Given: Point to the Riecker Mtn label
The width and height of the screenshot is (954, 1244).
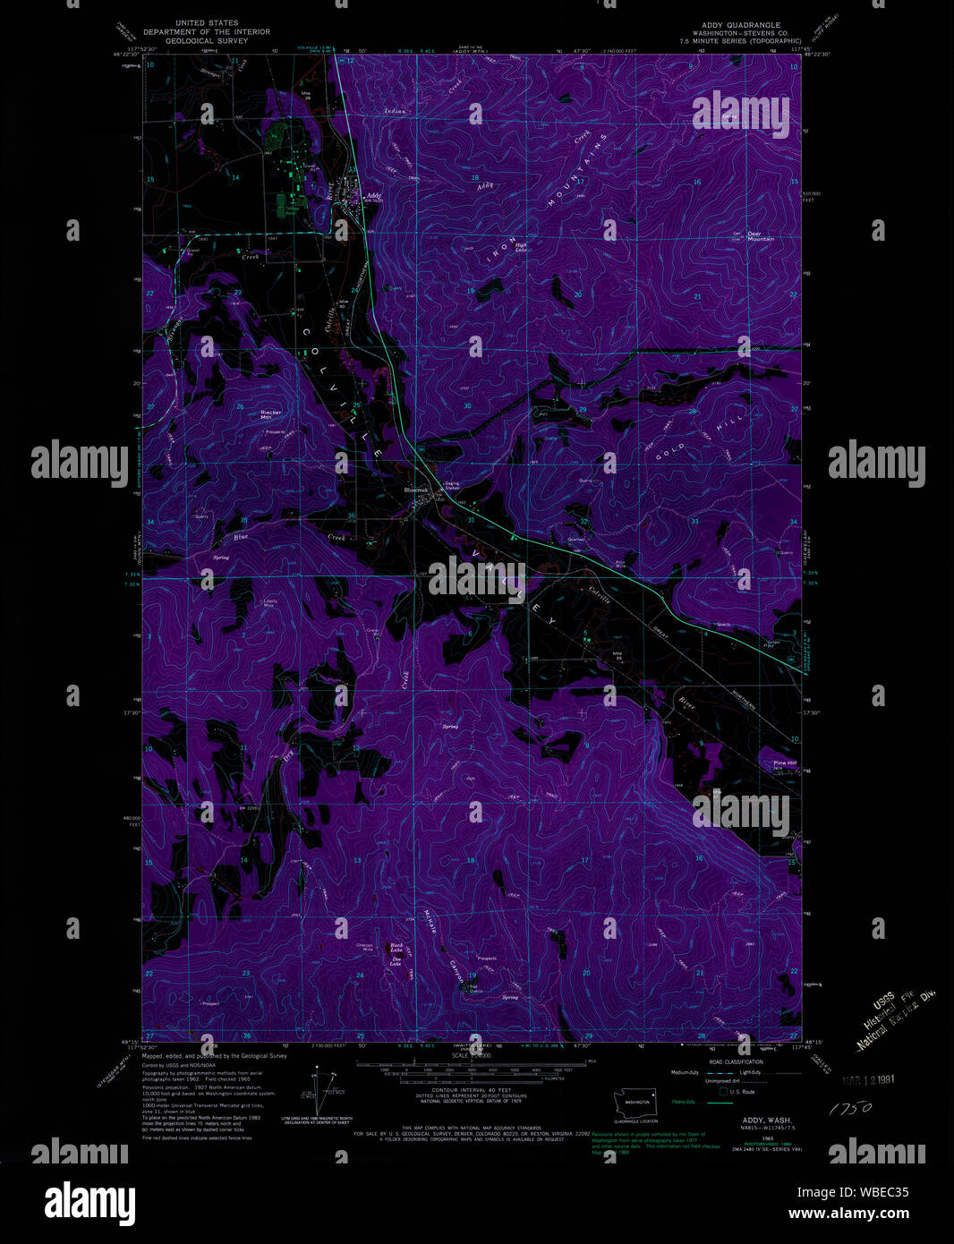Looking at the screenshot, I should [x=270, y=414].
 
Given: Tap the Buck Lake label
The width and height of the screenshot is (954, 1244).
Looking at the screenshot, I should [x=396, y=946].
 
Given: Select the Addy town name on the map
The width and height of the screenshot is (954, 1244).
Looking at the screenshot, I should [x=374, y=195].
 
